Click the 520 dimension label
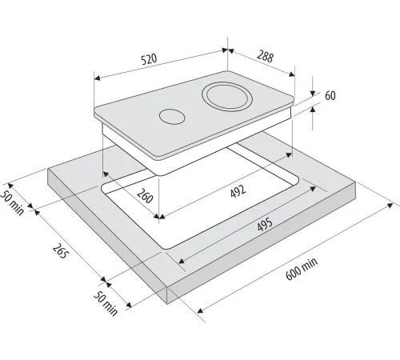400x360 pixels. coord(149,59)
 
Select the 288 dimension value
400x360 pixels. coord(265,56)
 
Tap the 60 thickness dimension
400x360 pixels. coord(330,95)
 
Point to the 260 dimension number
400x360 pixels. coord(145,195)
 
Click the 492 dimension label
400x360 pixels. coord(238,191)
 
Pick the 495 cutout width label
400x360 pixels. coord(265,225)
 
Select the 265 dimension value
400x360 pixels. coord(59,251)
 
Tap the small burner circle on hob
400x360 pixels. coord(172,117)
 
